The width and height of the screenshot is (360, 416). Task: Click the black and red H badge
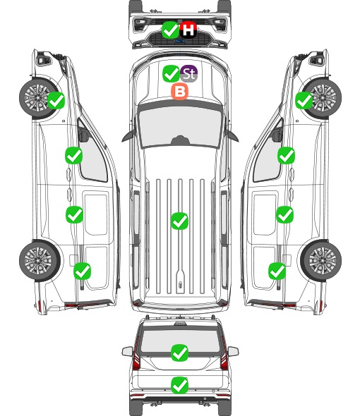(x=188, y=30)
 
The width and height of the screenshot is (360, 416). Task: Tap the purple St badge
(x=189, y=73)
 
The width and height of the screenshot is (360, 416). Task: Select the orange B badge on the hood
(x=180, y=92)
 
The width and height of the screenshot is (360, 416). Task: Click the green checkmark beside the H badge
(x=170, y=30)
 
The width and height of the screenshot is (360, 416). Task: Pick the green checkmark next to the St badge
(x=171, y=73)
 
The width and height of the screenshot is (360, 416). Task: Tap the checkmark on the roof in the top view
(x=179, y=221)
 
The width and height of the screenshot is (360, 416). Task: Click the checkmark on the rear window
(x=179, y=353)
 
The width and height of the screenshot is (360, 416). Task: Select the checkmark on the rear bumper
(x=179, y=385)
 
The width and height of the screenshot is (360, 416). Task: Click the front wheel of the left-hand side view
(x=38, y=98)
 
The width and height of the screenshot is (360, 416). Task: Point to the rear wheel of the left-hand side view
(x=40, y=260)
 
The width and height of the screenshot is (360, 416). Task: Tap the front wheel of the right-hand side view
(x=323, y=98)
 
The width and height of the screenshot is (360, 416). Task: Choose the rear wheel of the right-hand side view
(x=321, y=260)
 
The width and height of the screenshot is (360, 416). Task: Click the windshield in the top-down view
(x=180, y=127)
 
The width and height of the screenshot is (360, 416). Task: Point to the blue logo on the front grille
(x=180, y=41)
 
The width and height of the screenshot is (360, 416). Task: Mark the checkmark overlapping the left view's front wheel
(x=56, y=100)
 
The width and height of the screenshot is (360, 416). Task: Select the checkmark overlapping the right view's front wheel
(x=304, y=100)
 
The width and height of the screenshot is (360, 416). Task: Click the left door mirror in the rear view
(x=127, y=351)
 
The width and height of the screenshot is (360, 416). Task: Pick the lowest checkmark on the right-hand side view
(x=277, y=271)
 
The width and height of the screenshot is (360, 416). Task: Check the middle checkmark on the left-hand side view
(x=74, y=214)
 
